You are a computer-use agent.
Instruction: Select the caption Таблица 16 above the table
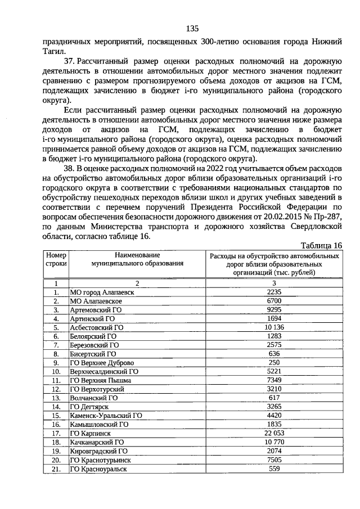pyautogui.click(x=321, y=245)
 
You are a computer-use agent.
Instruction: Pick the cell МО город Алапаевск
pyautogui.click(x=102, y=292)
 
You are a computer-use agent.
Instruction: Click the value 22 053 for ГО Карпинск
pyautogui.click(x=274, y=434)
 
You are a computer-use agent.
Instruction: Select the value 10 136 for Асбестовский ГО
pyautogui.click(x=274, y=326)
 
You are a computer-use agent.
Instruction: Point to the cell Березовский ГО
pyautogui.click(x=93, y=345)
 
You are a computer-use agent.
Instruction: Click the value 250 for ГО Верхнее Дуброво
pyautogui.click(x=274, y=362)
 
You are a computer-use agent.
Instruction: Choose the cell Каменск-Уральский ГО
pyautogui.click(x=106, y=416)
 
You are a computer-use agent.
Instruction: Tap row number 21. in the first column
pyautogui.click(x=56, y=470)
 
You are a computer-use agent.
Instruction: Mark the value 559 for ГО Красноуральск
pyautogui.click(x=274, y=470)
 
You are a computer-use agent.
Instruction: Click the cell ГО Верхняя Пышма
pyautogui.click(x=100, y=380)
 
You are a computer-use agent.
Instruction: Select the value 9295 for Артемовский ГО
pyautogui.click(x=274, y=309)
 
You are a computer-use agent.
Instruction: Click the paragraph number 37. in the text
pyautogui.click(x=70, y=61)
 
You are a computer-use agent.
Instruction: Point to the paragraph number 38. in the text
pyautogui.click(x=70, y=168)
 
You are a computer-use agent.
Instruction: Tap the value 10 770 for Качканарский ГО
pyautogui.click(x=274, y=443)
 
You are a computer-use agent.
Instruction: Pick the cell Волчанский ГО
pyautogui.click(x=93, y=398)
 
